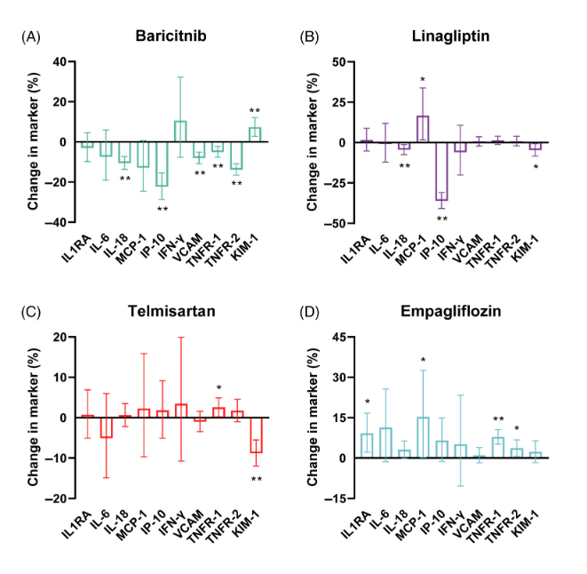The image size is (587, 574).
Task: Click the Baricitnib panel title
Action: pos(172,36)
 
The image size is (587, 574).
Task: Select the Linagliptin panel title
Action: pos(452,36)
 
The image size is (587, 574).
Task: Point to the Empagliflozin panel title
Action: pos(452,313)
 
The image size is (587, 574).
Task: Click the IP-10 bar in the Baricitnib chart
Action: pos(162,163)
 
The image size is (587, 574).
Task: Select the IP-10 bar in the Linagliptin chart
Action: pos(441,171)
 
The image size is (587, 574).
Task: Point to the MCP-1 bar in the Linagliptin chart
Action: pos(424,130)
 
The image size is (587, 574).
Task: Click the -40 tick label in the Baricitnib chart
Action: pos(55,222)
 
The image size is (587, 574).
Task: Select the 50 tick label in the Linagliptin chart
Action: pos(337,61)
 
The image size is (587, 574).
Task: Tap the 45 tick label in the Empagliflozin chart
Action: pos(337,338)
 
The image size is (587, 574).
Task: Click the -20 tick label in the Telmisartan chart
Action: pos(55,498)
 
